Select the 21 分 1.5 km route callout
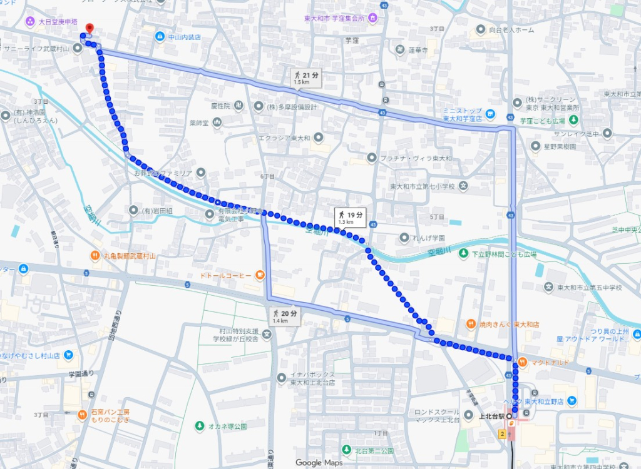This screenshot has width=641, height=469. click(306, 78)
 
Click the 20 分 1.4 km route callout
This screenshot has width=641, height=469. click(285, 316)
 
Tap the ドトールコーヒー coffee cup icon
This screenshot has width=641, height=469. click(260, 275)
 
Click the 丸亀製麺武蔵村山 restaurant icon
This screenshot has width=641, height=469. click(94, 255)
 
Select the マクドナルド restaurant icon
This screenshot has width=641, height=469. click(522, 361)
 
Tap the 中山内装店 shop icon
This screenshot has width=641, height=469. click(160, 37)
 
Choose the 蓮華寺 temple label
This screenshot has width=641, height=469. click(418, 50)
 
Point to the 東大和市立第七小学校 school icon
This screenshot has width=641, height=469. click(463, 186)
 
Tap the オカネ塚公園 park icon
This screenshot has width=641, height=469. click(200, 426)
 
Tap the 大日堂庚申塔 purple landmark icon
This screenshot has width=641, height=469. click(29, 21)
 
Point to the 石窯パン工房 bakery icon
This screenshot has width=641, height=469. click(82, 415)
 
